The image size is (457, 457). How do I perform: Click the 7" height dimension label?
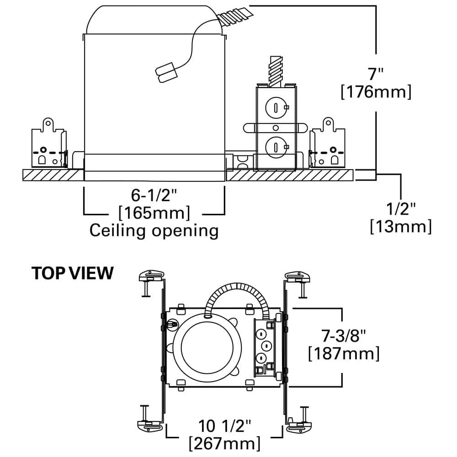click(x=376, y=73)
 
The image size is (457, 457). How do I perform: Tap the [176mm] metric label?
click(x=376, y=92)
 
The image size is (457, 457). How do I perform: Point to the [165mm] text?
click(x=154, y=213)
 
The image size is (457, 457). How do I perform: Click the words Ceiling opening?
click(x=154, y=230)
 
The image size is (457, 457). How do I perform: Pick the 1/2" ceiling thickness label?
click(x=401, y=209)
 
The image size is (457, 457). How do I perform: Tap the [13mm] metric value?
click(x=401, y=226)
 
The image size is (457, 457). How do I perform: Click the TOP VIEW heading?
click(x=72, y=273)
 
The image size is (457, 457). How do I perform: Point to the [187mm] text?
click(x=344, y=353)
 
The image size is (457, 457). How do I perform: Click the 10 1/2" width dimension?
click(x=225, y=426)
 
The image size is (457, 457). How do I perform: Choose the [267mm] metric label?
click(x=225, y=443)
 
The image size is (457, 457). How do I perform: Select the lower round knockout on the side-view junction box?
click(x=276, y=146)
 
